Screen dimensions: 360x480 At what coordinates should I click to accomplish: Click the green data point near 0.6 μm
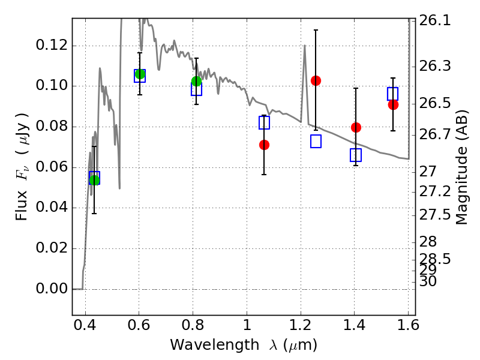point(140,74)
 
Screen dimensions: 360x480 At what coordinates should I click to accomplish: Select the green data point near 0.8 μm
point(196,81)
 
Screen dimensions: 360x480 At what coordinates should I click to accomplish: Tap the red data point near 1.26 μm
point(316,80)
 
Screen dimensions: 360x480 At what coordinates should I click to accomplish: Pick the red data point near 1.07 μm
point(264,145)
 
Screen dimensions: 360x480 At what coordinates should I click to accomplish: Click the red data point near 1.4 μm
point(356,127)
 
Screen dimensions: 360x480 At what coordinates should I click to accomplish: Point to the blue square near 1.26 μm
point(316,142)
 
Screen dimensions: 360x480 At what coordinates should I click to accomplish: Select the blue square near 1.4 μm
point(356,155)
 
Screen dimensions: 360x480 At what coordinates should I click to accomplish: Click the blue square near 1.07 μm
point(264,122)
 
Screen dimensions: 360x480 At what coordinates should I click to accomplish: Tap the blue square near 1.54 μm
point(393,94)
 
